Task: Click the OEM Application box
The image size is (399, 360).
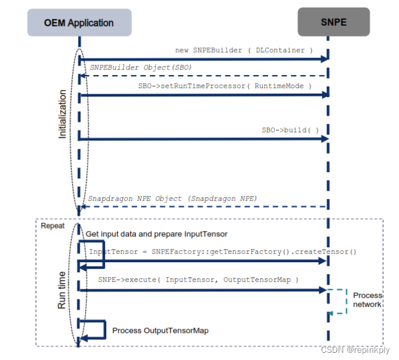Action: point(79,23)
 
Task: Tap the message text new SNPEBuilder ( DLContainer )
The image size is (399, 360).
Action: point(244,50)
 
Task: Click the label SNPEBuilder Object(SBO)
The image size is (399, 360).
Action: point(141,67)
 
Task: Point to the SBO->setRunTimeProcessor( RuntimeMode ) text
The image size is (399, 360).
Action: point(225,86)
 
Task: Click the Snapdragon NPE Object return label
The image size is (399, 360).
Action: point(173,198)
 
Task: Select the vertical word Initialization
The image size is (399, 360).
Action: point(62,114)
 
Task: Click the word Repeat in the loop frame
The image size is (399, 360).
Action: point(52,226)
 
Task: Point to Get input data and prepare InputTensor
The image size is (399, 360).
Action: point(156,234)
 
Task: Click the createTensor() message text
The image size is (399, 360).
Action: point(223,252)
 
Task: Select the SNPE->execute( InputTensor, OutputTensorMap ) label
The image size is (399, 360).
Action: point(198,280)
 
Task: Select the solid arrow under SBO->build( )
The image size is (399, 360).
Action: point(204,139)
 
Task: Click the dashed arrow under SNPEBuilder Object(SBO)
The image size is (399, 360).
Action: point(204,76)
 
